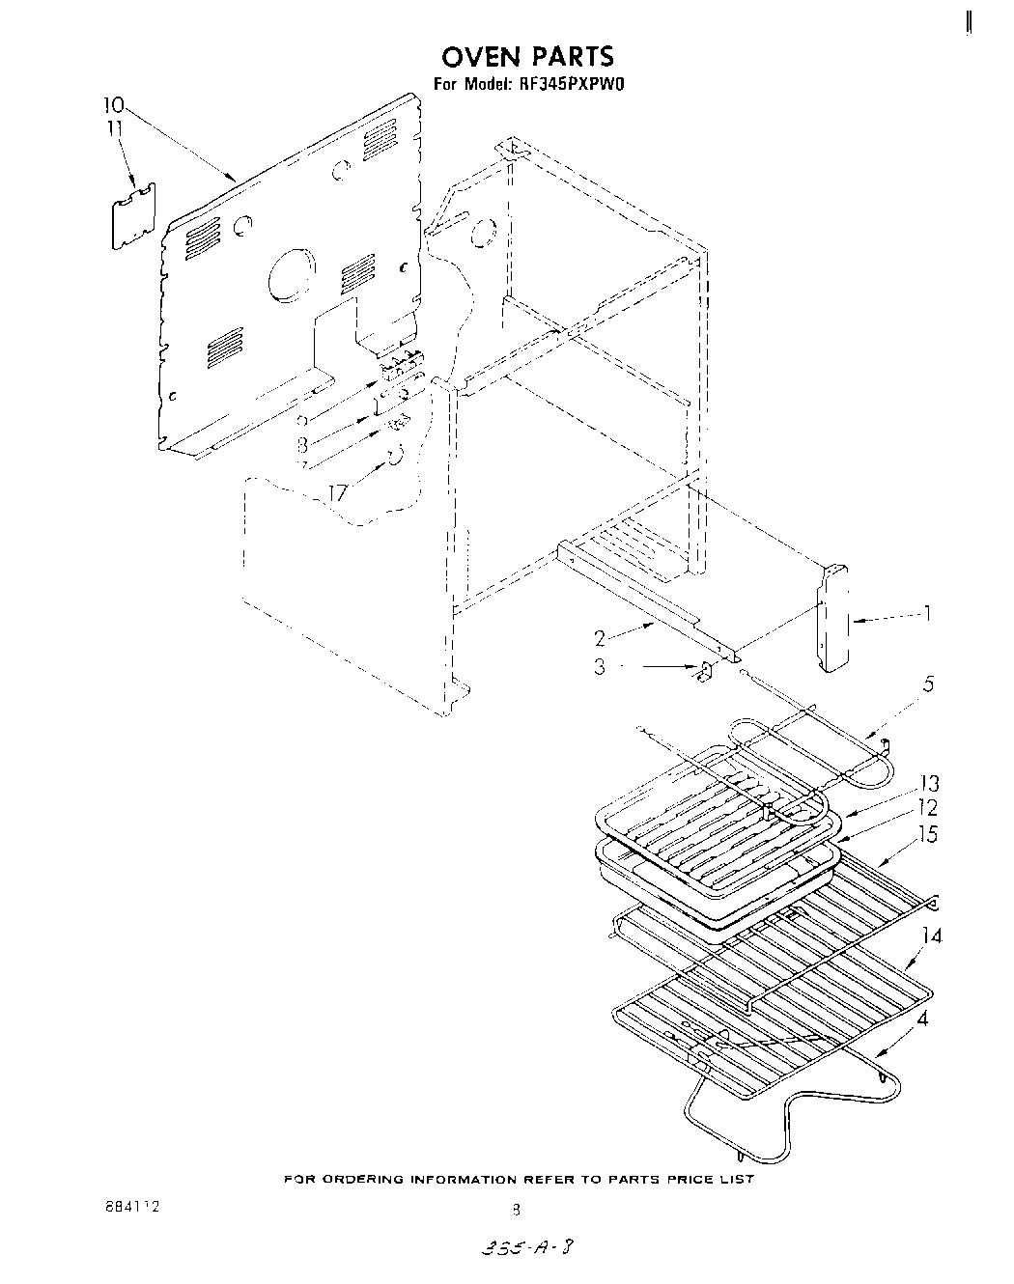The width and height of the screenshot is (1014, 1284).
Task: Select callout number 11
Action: click(115, 127)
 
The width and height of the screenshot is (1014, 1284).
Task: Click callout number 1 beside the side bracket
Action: click(927, 613)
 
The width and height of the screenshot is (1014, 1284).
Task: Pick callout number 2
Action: click(600, 638)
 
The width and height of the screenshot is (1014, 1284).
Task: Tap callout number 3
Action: click(600, 666)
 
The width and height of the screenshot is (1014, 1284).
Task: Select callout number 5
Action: click(927, 684)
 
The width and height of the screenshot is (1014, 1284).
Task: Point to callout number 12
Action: click(926, 808)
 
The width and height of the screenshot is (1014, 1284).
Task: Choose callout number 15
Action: click(927, 833)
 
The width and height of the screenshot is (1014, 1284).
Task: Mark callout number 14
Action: click(932, 935)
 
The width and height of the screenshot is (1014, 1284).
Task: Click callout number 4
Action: click(924, 1019)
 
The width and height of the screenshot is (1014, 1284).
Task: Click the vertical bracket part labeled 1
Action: click(832, 618)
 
